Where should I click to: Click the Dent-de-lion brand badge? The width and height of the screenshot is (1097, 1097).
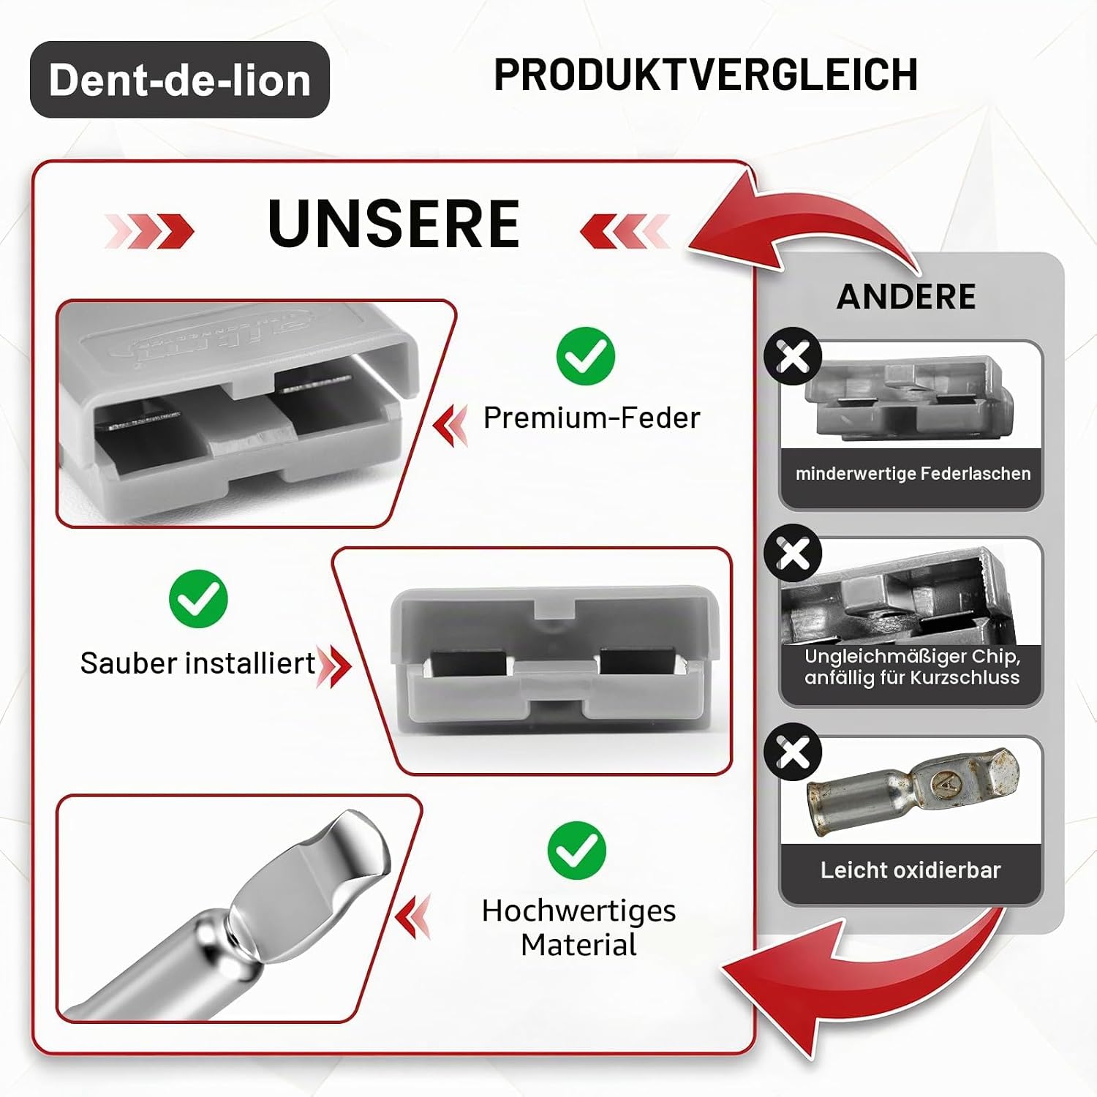[x=180, y=80]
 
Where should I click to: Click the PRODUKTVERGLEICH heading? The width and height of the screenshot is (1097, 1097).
[x=706, y=75]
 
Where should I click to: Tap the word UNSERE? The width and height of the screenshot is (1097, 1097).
[x=393, y=224]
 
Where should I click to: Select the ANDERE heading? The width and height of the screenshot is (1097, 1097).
[x=906, y=296]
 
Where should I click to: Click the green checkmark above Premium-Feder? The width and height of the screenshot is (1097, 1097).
[x=585, y=356]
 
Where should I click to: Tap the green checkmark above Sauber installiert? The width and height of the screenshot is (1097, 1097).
[x=198, y=598]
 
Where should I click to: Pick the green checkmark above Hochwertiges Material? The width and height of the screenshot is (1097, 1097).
[x=577, y=850]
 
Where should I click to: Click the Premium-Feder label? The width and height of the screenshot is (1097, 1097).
[x=592, y=418]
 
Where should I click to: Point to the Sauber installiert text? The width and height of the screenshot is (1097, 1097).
[x=197, y=663]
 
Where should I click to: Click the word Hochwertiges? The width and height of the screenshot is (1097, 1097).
[x=578, y=911]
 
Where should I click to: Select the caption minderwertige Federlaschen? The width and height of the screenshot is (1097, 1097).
[x=913, y=474]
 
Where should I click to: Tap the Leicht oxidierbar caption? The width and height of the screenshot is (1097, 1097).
[x=911, y=870]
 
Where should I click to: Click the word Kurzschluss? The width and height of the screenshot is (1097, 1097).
[x=965, y=678]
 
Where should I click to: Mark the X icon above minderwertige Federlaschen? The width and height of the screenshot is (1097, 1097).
[x=793, y=357]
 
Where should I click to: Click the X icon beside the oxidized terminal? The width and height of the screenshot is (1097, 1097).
[x=793, y=752]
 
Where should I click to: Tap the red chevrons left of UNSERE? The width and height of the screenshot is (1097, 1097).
[x=149, y=231]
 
